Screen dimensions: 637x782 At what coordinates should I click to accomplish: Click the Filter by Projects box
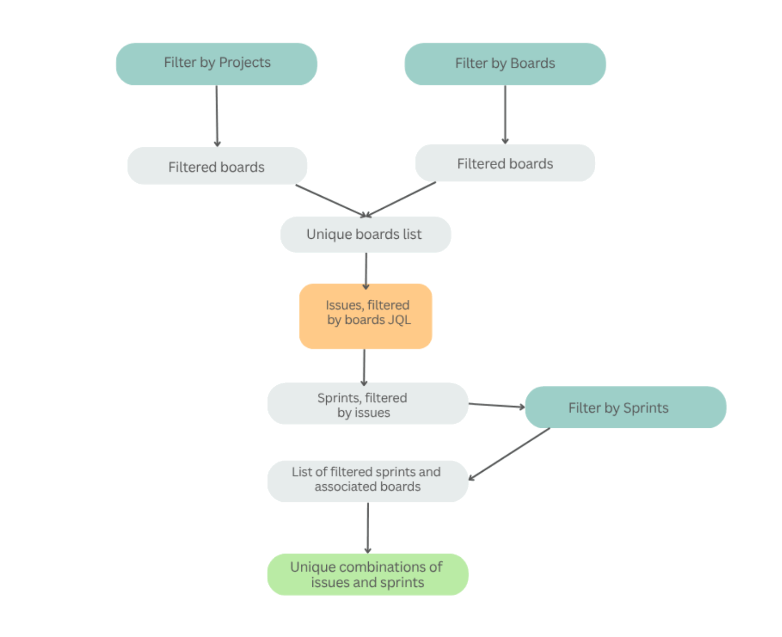(x=216, y=64)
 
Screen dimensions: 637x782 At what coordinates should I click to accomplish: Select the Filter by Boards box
(x=505, y=64)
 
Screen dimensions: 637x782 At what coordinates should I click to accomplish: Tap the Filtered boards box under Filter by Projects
(x=217, y=166)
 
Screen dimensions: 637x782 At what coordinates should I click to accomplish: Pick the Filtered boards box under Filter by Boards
(x=505, y=163)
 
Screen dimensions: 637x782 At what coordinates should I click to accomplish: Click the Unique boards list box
(x=365, y=235)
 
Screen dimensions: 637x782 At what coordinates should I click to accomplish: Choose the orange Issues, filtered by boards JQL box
(x=366, y=316)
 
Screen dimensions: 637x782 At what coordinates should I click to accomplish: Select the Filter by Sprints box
(x=626, y=407)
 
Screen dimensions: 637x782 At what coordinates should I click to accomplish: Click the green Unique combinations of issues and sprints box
(x=367, y=574)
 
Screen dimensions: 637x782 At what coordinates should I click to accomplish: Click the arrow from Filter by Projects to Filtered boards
(x=217, y=116)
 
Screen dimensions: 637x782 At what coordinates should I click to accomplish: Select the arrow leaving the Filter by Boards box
(x=505, y=114)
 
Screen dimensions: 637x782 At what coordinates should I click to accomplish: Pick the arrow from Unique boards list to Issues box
(x=366, y=270)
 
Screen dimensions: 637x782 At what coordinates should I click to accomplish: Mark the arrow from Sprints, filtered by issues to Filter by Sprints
(x=496, y=406)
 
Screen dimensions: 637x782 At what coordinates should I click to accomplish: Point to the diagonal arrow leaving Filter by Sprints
(x=510, y=454)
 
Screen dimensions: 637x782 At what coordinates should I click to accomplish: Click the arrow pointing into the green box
(x=368, y=527)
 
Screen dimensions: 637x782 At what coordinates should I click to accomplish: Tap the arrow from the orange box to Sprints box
(x=364, y=367)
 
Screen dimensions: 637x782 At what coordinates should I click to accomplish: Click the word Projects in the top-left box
(x=244, y=63)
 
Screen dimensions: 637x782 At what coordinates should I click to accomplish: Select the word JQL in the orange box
(x=399, y=320)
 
